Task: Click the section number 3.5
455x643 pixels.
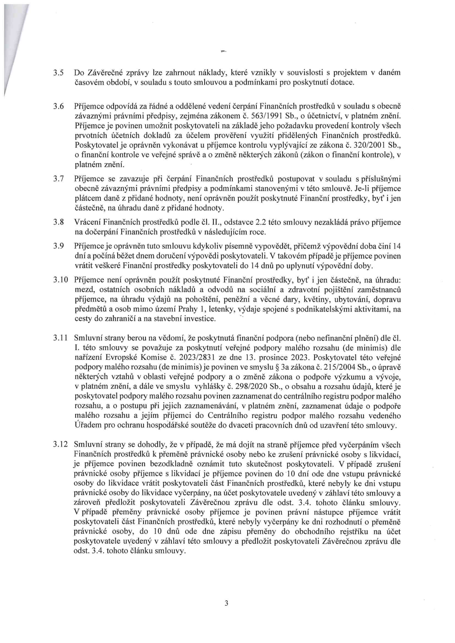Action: (x=58, y=73)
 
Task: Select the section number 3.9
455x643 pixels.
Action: (x=58, y=246)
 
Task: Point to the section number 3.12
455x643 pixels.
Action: (x=60, y=445)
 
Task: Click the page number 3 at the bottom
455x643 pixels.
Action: (x=226, y=603)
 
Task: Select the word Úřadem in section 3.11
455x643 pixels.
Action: (x=87, y=426)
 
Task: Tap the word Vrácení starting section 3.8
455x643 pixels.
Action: (x=87, y=222)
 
